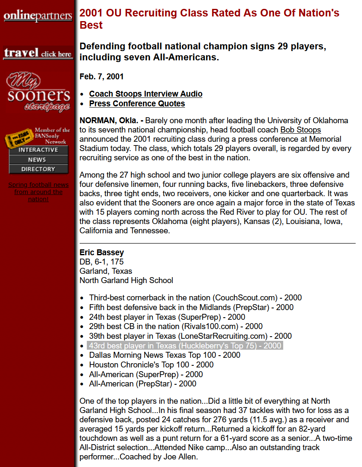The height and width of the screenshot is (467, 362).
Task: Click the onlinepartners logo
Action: click(x=38, y=16)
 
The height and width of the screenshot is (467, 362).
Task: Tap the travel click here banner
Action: click(x=38, y=53)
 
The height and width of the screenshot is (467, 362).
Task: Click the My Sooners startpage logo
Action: click(x=38, y=93)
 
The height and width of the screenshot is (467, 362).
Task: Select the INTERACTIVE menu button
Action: click(x=38, y=150)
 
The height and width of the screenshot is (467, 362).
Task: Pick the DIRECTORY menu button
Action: click(x=38, y=169)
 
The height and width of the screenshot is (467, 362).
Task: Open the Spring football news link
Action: click(x=38, y=192)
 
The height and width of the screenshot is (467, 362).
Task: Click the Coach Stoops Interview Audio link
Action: click(x=145, y=94)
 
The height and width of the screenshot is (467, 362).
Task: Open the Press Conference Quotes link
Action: click(x=137, y=103)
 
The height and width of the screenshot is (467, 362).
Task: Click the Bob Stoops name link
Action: click(x=300, y=130)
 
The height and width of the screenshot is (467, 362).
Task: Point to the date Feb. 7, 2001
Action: click(x=102, y=77)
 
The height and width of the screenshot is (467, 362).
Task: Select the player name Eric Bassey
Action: click(x=102, y=252)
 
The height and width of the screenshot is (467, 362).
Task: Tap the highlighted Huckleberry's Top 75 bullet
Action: click(x=185, y=346)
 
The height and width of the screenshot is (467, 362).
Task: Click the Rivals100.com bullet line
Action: click(x=176, y=327)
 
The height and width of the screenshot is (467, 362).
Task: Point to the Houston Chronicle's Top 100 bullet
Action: click(x=151, y=364)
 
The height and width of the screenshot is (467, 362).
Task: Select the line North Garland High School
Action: click(x=126, y=280)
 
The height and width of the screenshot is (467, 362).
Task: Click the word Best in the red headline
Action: click(x=91, y=25)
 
